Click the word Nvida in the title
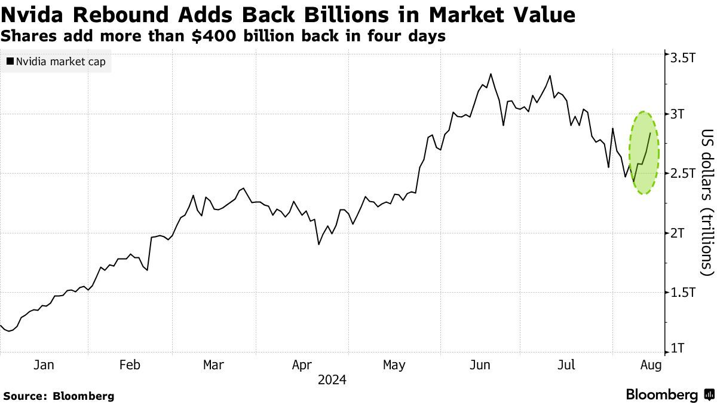point(35,14)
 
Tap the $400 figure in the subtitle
point(211,36)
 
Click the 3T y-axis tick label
point(679,114)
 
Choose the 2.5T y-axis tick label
point(683,174)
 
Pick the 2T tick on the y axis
point(679,233)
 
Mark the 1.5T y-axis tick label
point(683,292)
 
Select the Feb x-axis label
point(130,365)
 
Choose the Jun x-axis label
point(480,365)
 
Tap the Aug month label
point(651,365)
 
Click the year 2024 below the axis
point(332,380)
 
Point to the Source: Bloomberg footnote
point(58,396)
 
